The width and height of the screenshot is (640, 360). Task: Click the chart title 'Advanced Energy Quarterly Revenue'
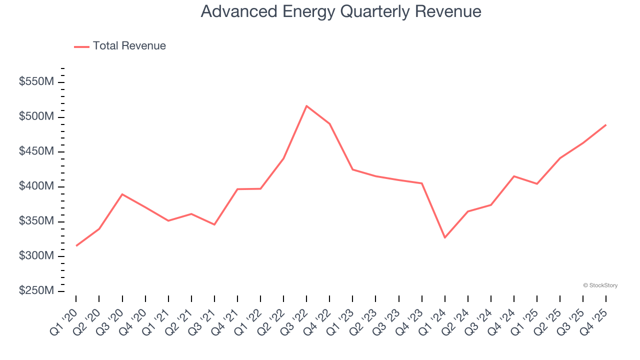point(341,11)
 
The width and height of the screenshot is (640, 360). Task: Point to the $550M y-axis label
point(36,82)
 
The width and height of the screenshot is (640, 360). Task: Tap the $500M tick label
point(36,117)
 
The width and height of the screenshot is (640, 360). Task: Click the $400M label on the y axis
point(36,186)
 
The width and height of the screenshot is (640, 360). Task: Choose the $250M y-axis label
point(36,291)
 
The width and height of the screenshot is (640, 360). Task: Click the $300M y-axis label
point(36,256)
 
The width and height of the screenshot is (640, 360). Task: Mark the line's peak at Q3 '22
point(306,106)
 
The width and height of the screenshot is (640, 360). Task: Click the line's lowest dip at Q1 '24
point(444,237)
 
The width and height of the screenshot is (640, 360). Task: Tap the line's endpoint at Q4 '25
point(605,125)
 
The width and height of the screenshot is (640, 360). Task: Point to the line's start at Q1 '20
point(76,245)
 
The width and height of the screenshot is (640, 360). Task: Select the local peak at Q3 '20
point(122,194)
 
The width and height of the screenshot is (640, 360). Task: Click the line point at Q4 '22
point(329,123)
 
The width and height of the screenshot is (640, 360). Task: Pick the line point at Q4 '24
point(513,176)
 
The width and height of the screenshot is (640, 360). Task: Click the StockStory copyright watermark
point(600,285)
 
